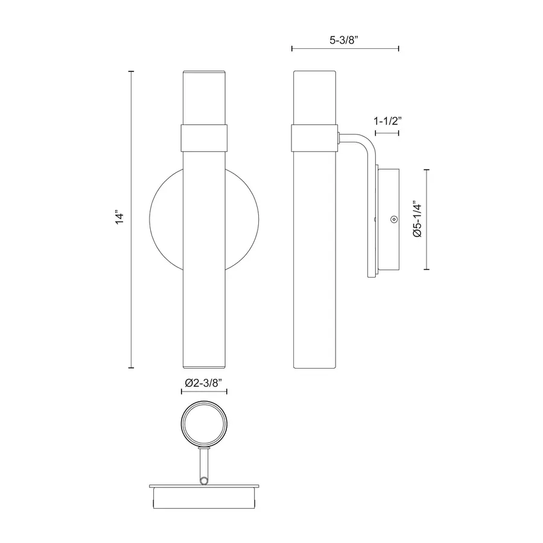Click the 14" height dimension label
(x=119, y=217)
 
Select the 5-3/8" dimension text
(x=343, y=40)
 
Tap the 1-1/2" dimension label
(x=387, y=121)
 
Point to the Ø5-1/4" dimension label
(x=418, y=219)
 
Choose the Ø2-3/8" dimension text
(x=204, y=383)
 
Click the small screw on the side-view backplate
(x=394, y=219)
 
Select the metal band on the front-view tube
(x=204, y=138)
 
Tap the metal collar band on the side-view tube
(x=315, y=138)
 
